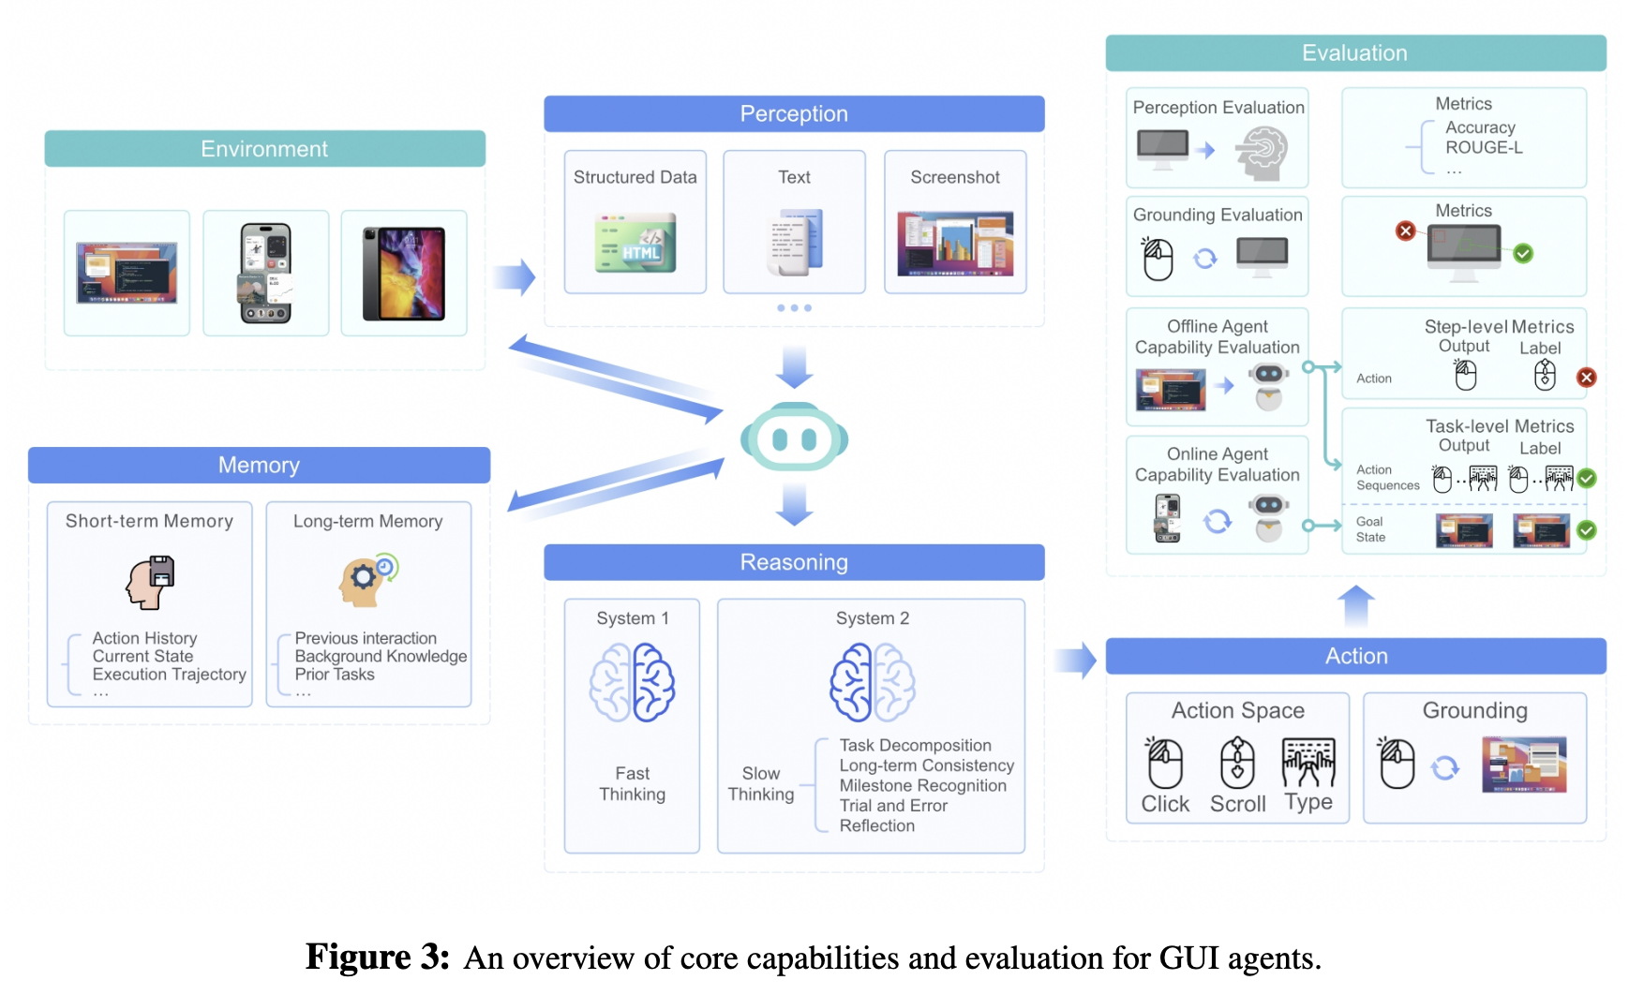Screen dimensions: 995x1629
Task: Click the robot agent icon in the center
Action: (794, 438)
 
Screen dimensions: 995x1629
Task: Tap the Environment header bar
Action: (264, 149)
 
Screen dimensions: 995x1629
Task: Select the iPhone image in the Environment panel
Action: (266, 273)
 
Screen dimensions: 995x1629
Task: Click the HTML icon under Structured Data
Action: (635, 244)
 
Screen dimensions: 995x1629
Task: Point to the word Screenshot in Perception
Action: (954, 177)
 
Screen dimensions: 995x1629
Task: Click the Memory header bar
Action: (259, 465)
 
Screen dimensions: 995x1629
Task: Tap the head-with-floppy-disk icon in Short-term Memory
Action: (151, 582)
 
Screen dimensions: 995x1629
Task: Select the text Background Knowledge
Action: (381, 656)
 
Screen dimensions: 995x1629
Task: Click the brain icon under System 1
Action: (633, 682)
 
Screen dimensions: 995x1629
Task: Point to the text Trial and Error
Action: (893, 806)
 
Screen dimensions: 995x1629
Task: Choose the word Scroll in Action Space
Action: (1237, 804)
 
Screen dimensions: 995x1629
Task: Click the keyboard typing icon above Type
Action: (1308, 763)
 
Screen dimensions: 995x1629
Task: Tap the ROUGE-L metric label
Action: (1484, 147)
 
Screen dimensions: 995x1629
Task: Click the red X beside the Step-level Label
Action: (1586, 378)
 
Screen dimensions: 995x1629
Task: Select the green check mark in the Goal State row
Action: (1586, 530)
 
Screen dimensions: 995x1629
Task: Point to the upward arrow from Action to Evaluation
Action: (1356, 605)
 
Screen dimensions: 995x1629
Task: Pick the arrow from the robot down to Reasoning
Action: (795, 504)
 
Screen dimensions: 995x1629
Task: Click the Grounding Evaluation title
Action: (1218, 215)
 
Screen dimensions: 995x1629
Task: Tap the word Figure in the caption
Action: (360, 958)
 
